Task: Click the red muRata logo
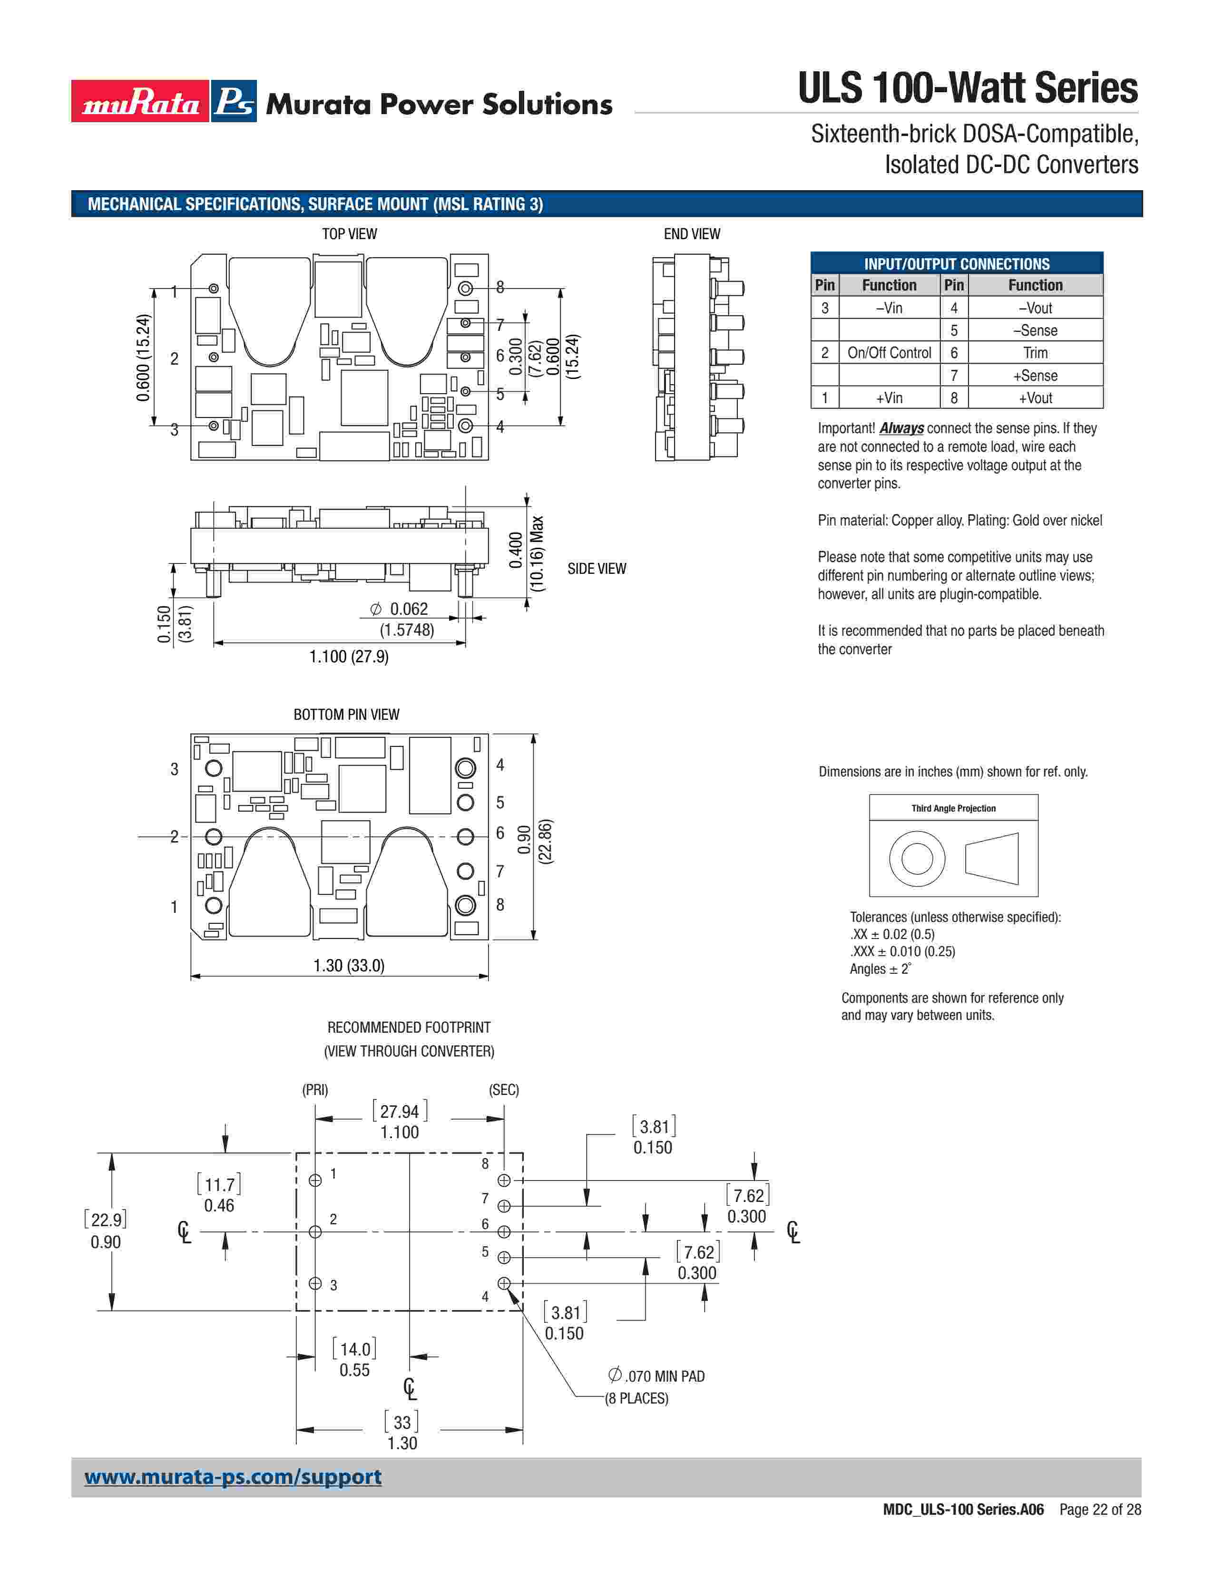coord(140,101)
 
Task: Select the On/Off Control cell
coord(889,353)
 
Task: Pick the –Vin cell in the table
coord(889,308)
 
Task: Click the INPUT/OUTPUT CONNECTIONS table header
coord(957,264)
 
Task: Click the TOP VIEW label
coord(349,234)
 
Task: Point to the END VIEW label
coord(691,234)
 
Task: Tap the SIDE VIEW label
coord(597,569)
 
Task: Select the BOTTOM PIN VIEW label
coord(346,715)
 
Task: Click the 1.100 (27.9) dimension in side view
coord(349,657)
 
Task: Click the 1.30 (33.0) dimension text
coord(349,966)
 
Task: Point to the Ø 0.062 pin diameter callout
coord(400,609)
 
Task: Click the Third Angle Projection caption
coord(954,808)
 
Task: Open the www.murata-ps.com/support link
coord(233,1477)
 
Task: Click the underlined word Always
coord(901,428)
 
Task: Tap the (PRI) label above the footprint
coord(315,1090)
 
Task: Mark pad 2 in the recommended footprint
coord(315,1232)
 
